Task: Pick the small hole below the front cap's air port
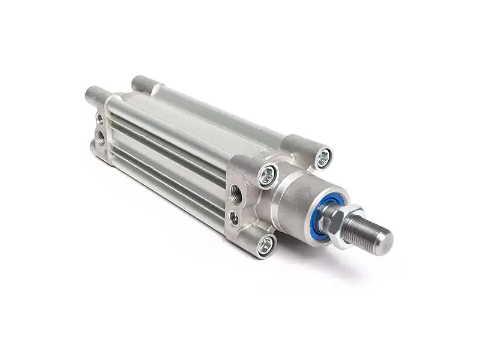[233, 217]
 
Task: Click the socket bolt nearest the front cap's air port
[268, 175]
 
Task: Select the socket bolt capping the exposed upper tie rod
[323, 157]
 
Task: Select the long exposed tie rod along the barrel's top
[222, 114]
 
